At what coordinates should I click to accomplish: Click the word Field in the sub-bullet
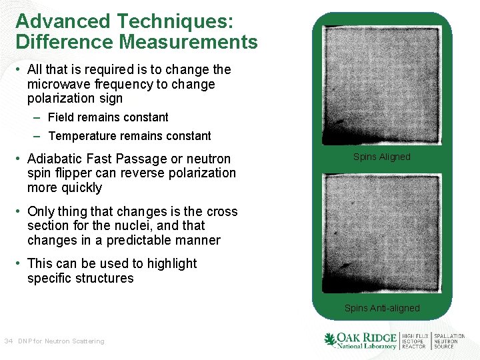pos(62,117)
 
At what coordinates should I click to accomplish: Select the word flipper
pos(75,173)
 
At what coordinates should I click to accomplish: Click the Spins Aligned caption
pos(381,157)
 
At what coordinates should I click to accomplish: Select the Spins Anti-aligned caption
pos(382,308)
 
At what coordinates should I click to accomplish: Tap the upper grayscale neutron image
pos(382,85)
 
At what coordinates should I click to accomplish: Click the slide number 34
pos(9,341)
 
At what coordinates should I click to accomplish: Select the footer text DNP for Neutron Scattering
pos(61,341)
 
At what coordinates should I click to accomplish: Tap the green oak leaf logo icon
pos(330,340)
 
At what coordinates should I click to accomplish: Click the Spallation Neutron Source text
pos(450,341)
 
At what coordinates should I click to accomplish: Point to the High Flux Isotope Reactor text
pos(415,341)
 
